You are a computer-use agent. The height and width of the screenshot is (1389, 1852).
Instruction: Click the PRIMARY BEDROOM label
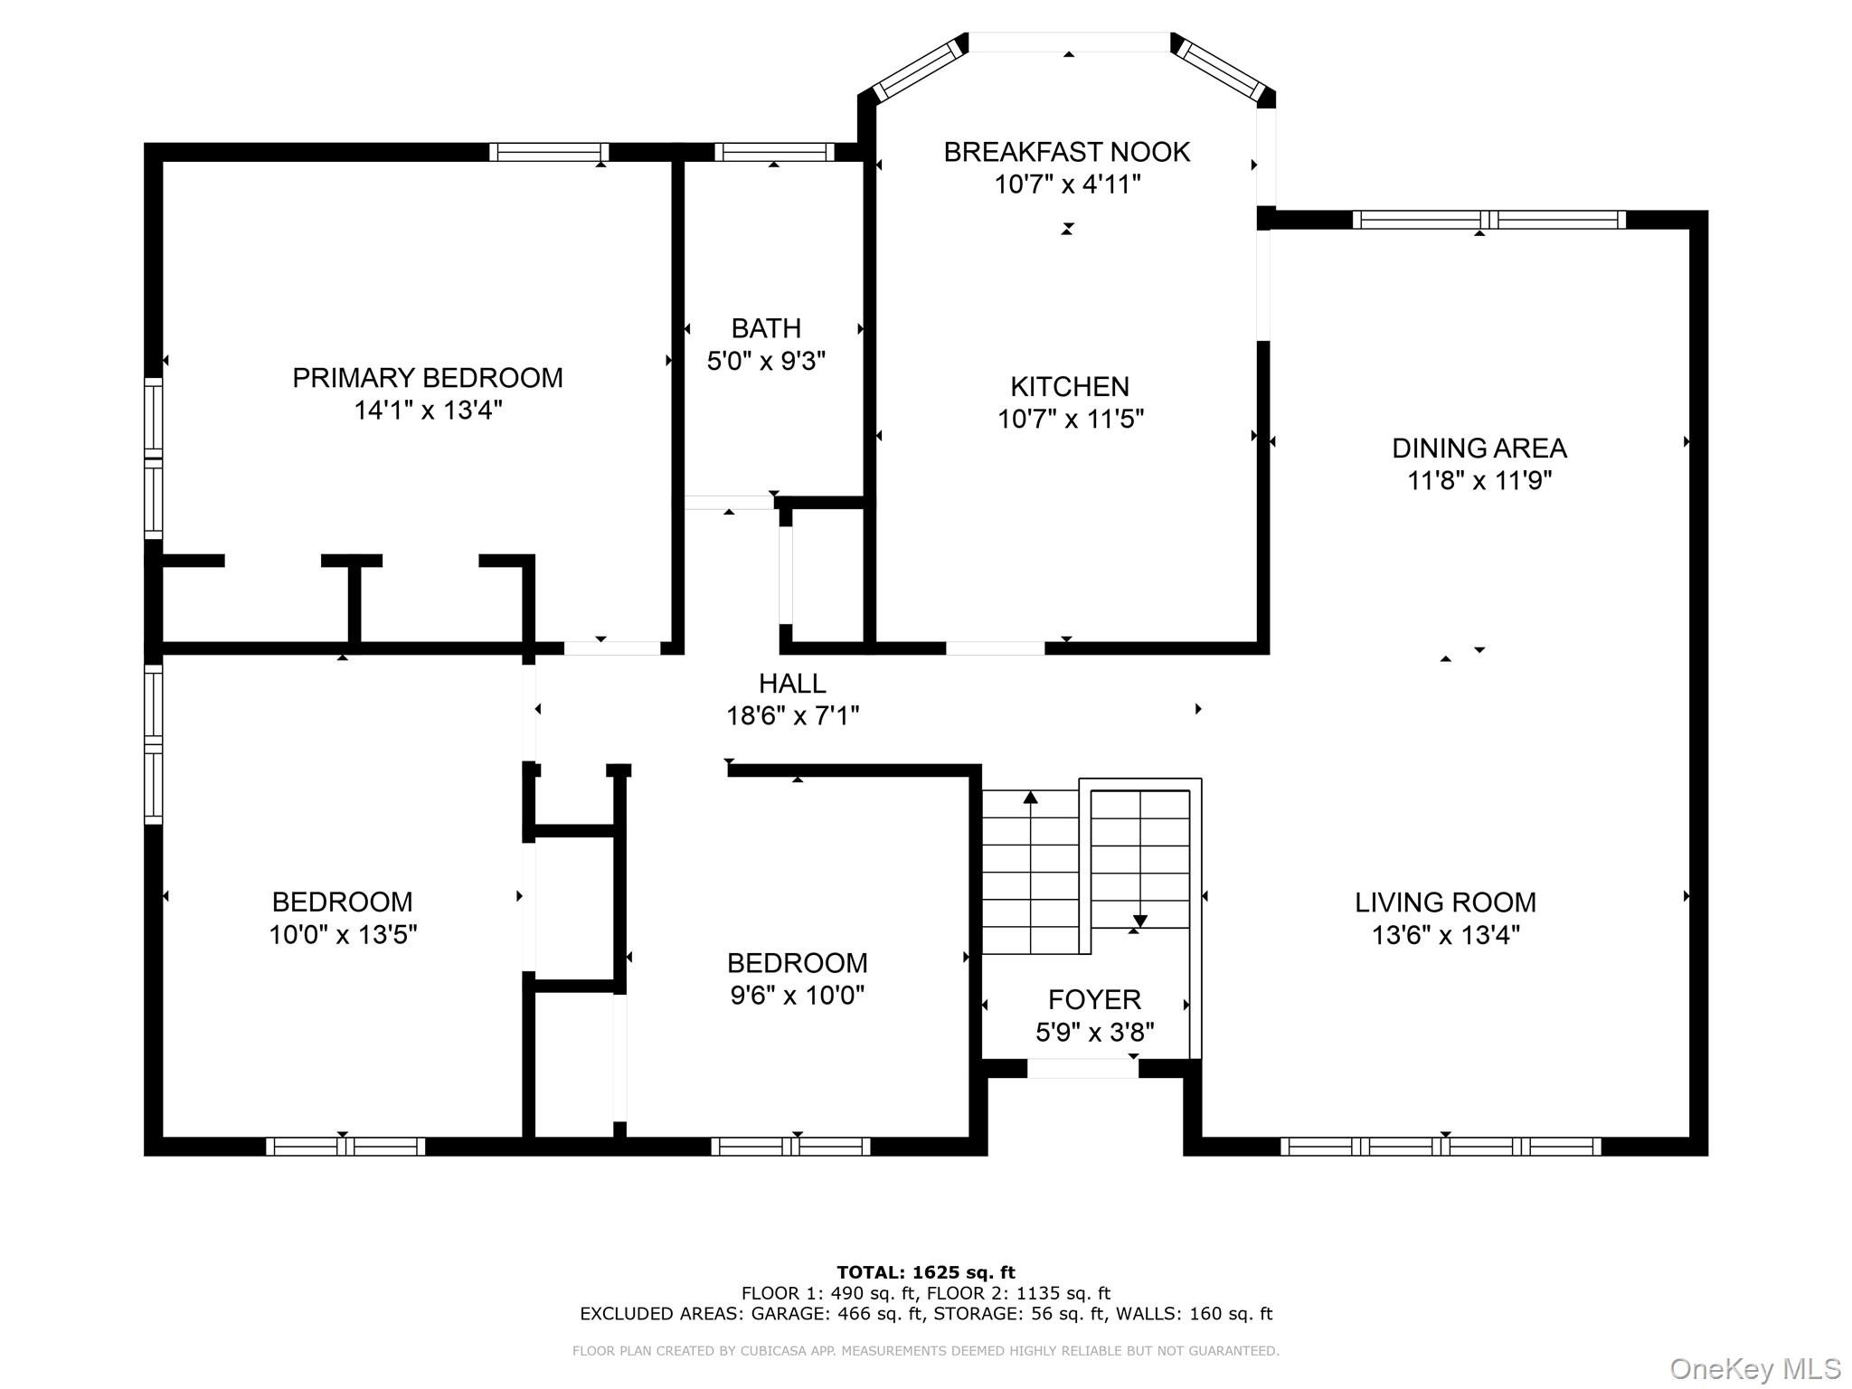(427, 378)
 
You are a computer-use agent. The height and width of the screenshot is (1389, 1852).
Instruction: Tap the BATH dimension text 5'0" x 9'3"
(766, 362)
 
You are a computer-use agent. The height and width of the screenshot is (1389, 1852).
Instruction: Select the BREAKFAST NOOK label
(1066, 152)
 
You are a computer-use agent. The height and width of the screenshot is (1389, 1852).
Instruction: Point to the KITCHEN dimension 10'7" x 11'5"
(1070, 420)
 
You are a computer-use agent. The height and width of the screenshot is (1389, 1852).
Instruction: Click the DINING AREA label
(1479, 449)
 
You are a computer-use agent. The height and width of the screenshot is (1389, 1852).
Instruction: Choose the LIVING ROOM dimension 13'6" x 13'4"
(1445, 935)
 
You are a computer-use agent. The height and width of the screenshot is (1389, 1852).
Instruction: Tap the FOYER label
(1094, 999)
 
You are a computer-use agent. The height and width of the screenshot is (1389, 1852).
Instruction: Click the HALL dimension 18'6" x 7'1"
(792, 716)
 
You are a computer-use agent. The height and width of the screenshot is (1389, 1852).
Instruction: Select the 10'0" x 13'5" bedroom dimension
(343, 935)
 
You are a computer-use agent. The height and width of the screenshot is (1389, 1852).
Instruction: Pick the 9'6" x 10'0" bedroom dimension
(797, 996)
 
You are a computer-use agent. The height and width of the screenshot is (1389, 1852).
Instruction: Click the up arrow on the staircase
(1030, 798)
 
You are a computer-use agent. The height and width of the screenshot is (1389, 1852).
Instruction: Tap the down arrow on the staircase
(1139, 920)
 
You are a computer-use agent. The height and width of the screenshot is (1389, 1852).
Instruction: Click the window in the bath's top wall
(773, 152)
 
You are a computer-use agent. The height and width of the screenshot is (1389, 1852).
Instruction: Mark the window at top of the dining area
(1488, 220)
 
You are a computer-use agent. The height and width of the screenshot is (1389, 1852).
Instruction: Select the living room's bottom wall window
(1441, 1147)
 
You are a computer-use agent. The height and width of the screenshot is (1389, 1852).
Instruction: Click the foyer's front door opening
(1082, 1069)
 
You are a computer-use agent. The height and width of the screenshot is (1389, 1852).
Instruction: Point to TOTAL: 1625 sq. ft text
(926, 1272)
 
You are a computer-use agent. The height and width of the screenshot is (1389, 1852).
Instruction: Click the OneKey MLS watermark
(1754, 1368)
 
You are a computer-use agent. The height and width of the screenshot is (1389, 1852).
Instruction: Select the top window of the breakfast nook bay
(1069, 42)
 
